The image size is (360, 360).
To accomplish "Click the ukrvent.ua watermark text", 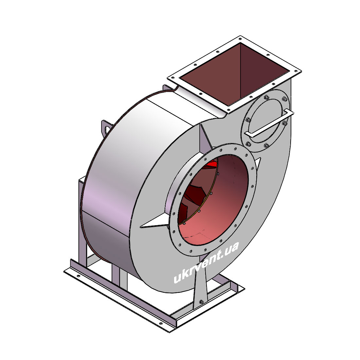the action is click(206, 262).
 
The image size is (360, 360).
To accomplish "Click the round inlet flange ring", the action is click(212, 200).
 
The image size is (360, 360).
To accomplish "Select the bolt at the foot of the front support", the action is click(201, 302).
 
